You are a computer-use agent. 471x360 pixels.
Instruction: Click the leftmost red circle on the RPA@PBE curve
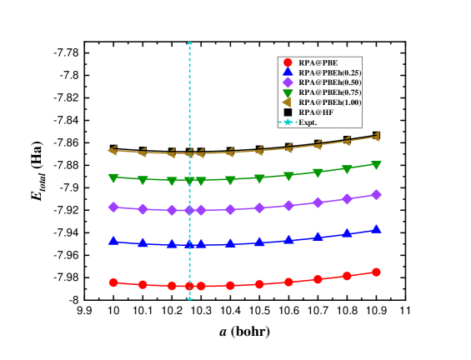pos(113,282)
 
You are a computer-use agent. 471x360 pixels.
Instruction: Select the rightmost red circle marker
pos(376,272)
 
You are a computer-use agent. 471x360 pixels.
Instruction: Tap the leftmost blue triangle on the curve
pos(113,240)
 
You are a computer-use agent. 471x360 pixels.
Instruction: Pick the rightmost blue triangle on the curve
pos(376,228)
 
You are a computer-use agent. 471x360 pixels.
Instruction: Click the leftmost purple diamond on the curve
pos(113,207)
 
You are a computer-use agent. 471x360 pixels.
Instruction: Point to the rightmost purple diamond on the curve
pos(376,194)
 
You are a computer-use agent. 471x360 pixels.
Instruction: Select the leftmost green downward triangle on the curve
pos(113,177)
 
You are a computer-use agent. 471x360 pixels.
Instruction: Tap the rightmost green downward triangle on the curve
pos(376,165)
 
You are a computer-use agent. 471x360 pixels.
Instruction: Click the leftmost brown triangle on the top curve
pos(113,150)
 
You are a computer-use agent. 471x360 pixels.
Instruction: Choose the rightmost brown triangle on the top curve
pos(376,136)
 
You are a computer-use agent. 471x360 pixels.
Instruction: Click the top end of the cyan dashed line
pos(190,43)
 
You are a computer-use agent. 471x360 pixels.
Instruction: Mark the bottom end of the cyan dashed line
pos(190,297)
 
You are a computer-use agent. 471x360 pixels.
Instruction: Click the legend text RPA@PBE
pos(318,62)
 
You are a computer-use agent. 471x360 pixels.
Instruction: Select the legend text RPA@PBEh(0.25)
pos(329,72)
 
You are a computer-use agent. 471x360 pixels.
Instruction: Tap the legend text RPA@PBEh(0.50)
pos(329,82)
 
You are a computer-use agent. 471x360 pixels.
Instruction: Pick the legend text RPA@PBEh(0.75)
pos(329,92)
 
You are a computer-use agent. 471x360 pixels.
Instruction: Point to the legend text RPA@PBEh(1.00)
pos(329,102)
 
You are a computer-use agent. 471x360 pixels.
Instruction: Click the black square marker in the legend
pos(288,112)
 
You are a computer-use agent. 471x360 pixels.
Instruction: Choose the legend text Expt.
pos(308,122)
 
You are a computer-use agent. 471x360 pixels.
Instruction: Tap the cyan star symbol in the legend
pos(288,122)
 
